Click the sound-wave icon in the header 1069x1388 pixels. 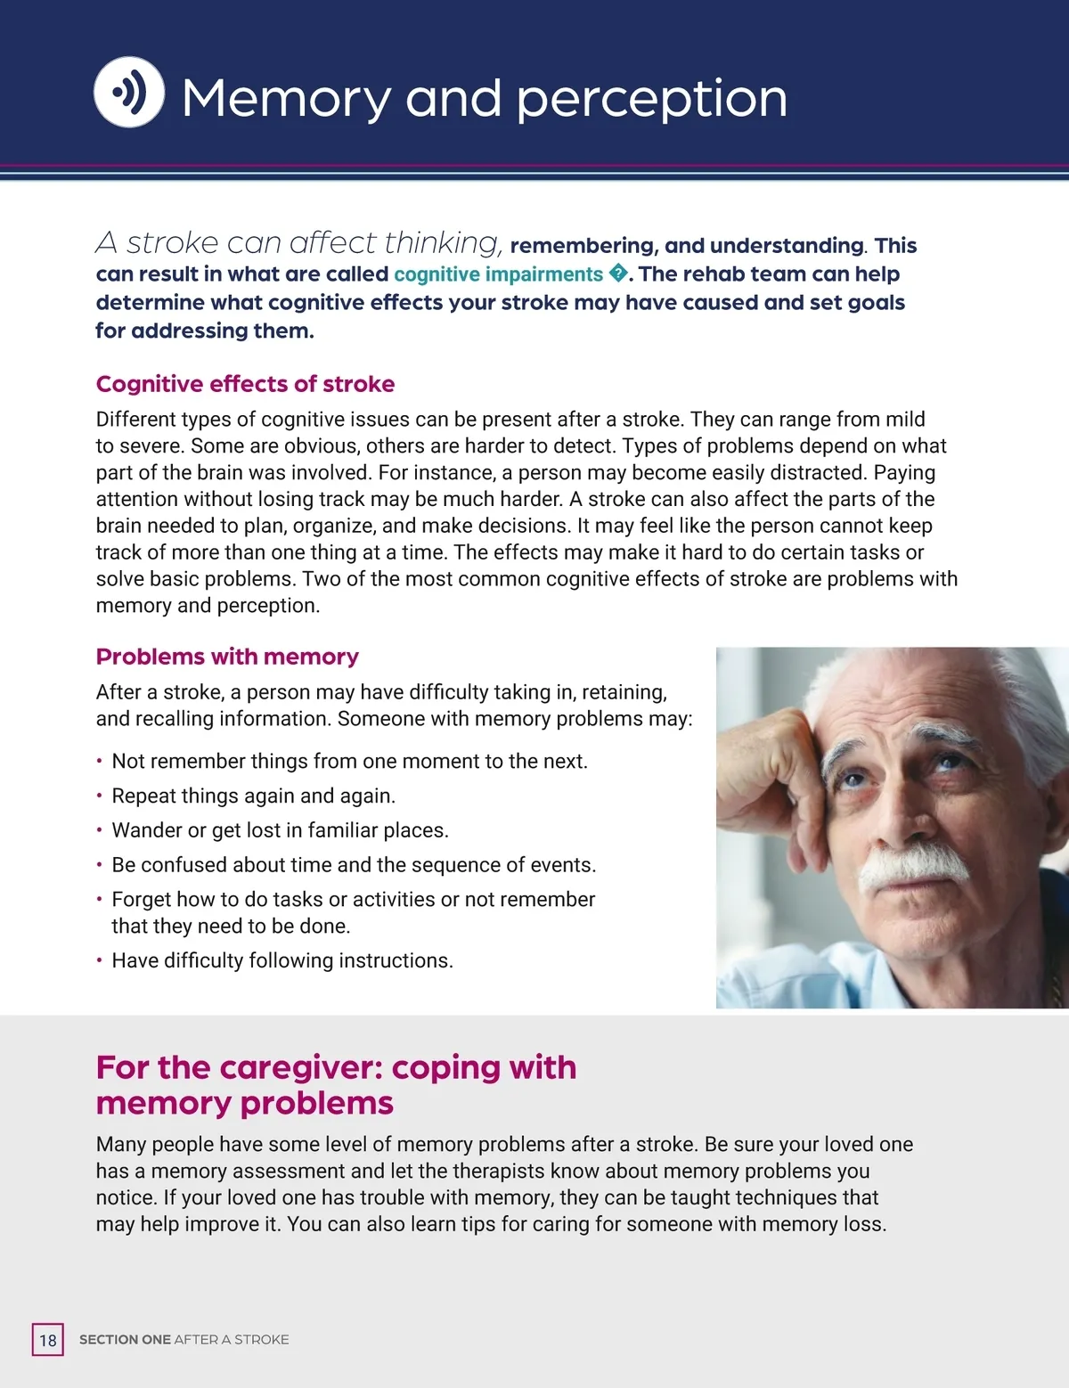point(129,92)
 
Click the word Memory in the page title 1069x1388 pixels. point(286,98)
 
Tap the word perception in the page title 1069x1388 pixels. point(652,100)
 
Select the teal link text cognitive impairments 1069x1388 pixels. point(498,274)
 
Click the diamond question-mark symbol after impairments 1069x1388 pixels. point(618,273)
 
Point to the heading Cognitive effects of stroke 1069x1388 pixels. point(245,384)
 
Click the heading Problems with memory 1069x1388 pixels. point(227,657)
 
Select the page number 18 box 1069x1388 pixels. point(48,1340)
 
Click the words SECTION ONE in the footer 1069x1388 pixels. point(125,1340)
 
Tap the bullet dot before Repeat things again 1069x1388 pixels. point(100,796)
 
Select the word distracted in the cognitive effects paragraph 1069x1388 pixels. point(818,472)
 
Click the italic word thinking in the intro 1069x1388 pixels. point(444,243)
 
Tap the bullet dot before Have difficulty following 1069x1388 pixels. point(100,961)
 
